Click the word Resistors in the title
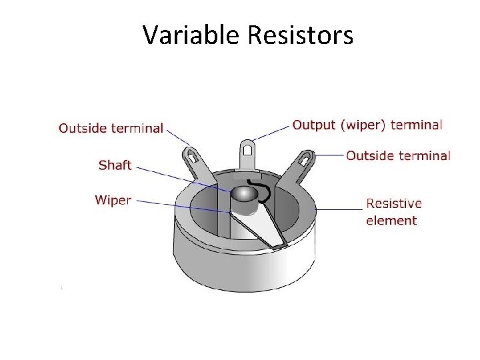[300, 35]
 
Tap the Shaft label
[115, 165]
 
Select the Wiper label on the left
[113, 200]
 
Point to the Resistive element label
[393, 211]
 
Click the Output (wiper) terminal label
[367, 125]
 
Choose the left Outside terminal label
[111, 128]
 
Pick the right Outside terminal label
[398, 155]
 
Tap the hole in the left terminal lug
[192, 158]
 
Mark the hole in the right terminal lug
[306, 159]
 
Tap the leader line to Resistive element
[340, 209]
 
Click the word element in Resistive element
[391, 221]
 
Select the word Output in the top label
[314, 125]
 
